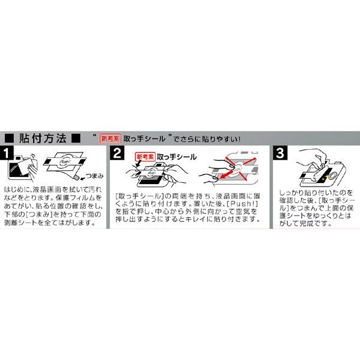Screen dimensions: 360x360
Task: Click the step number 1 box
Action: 11,154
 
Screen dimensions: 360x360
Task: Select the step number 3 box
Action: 280,154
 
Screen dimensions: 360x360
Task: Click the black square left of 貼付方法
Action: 10,137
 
